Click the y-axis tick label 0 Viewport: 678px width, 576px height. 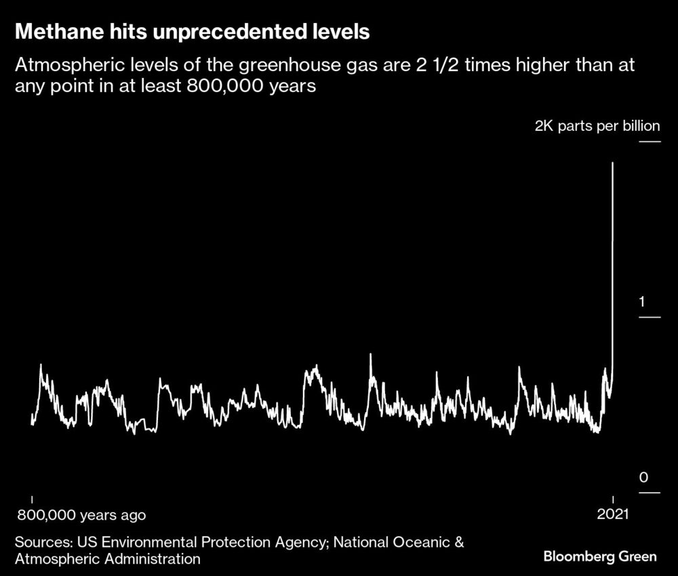click(643, 478)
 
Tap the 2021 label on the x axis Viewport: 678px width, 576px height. click(613, 515)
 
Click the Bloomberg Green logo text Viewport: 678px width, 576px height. click(600, 556)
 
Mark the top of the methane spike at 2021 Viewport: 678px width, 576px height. click(613, 163)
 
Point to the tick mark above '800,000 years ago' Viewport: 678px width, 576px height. click(32, 499)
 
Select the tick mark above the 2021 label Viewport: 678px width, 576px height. click(613, 499)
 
